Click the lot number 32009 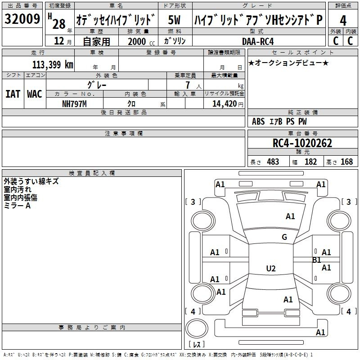22,19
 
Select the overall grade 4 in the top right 343,21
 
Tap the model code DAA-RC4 258,41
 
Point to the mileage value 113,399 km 53,64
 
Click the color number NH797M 74,104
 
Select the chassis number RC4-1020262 302,143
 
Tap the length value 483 273,162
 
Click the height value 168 346,162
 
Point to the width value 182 310,162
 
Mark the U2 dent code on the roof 271,268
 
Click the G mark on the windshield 284,237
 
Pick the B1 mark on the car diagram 317,260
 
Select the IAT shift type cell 13,94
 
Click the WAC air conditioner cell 35,94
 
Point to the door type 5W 174,20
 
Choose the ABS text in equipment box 258,121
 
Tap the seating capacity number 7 188,85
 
